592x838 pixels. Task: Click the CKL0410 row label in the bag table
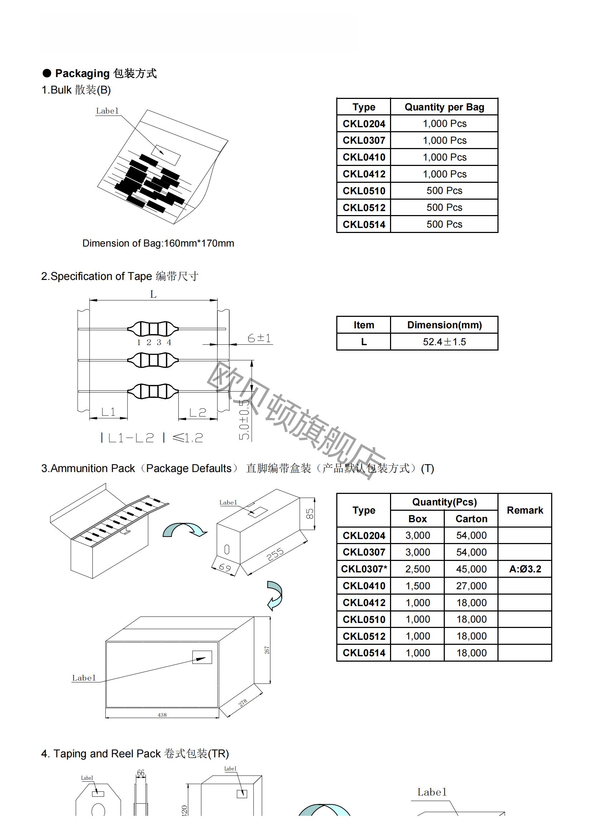[x=364, y=157]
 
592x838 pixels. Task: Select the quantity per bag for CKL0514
[x=444, y=224]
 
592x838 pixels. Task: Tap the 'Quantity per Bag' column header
[x=444, y=107]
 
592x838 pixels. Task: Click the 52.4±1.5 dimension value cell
[x=444, y=342]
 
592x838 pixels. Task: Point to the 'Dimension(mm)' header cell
[x=444, y=325]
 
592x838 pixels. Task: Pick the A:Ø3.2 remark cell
[x=525, y=569]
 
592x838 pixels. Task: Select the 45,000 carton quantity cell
[x=471, y=569]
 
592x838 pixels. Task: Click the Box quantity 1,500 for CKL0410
[x=418, y=586]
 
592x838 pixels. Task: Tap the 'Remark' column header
[x=525, y=510]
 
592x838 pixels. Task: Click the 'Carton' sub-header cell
[x=471, y=519]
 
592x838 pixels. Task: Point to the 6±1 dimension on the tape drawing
[x=259, y=338]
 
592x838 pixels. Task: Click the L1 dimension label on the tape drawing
[x=108, y=412]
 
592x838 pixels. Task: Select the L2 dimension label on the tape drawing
[x=198, y=413]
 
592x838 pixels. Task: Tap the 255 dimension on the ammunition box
[x=275, y=554]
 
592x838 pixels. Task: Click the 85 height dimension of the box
[x=309, y=514]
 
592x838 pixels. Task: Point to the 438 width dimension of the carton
[x=162, y=715]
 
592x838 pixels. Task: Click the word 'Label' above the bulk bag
[x=107, y=111]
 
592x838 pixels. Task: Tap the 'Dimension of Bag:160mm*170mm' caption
[x=158, y=243]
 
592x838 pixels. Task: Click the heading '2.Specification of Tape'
[x=96, y=276]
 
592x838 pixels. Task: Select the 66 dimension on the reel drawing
[x=141, y=773]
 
